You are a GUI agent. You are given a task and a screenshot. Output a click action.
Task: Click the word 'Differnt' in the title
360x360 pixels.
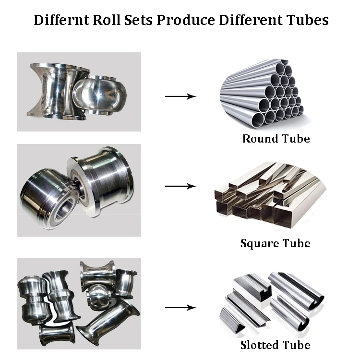pos(60,20)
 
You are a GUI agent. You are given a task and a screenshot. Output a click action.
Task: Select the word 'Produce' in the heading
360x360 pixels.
pos(185,20)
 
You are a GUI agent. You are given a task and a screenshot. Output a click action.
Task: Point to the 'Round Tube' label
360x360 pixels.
pos(276,139)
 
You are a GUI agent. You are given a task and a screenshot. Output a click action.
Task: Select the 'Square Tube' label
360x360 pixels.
pos(275,243)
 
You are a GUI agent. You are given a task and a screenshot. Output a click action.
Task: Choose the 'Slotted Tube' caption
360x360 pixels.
pos(275,345)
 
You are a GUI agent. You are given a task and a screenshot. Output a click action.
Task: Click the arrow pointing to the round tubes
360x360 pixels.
pos(180,96)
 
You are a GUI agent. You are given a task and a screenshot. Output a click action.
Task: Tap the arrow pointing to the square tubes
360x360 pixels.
pos(180,186)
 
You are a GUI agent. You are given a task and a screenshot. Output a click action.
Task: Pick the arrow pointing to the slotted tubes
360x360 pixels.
pos(180,307)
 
